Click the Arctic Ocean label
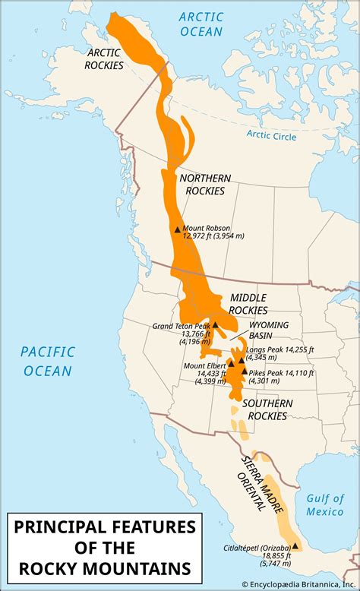[202, 24]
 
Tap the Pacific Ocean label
[47, 361]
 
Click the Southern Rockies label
[264, 409]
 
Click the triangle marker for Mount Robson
[178, 229]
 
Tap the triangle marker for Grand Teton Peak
[215, 324]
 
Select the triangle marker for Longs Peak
[242, 360]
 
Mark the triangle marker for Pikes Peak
[244, 371]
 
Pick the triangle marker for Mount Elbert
[231, 364]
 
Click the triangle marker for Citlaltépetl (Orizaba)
[295, 545]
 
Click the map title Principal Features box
[102, 547]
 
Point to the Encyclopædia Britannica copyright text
[299, 584]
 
